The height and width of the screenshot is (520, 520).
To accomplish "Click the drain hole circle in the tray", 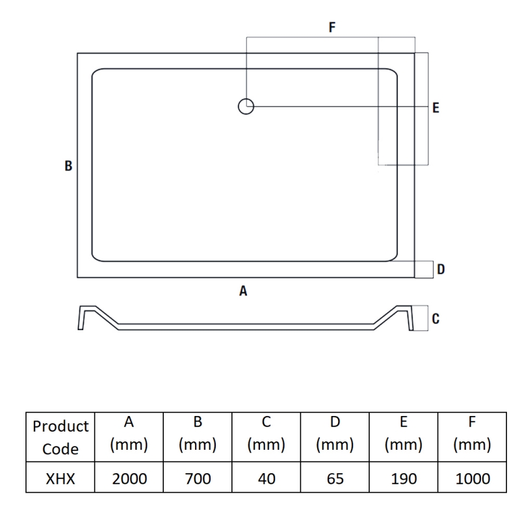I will tap(246, 106).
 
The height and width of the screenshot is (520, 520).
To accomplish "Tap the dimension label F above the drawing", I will tap(331, 27).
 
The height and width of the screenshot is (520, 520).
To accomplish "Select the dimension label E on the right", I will tap(435, 108).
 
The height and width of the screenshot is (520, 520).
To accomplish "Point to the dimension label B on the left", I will tap(68, 166).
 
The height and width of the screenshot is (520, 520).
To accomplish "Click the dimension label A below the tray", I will tap(243, 292).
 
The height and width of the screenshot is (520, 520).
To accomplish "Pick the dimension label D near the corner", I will tap(441, 269).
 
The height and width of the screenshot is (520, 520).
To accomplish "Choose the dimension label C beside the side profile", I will tap(435, 318).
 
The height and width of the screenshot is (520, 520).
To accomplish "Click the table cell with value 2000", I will tap(129, 479).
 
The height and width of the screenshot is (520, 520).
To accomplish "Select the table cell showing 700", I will tap(198, 479).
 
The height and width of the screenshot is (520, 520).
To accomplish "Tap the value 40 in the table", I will tap(266, 479).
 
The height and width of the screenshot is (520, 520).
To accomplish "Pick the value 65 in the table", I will tap(335, 479).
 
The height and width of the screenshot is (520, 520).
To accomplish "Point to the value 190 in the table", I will tap(404, 479).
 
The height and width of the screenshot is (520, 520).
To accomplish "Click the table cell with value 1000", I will tap(472, 479).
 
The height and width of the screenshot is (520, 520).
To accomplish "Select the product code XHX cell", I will tap(60, 479).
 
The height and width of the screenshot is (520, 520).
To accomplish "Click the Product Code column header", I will tap(60, 437).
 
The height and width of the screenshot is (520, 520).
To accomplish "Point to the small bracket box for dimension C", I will tap(421, 318).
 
